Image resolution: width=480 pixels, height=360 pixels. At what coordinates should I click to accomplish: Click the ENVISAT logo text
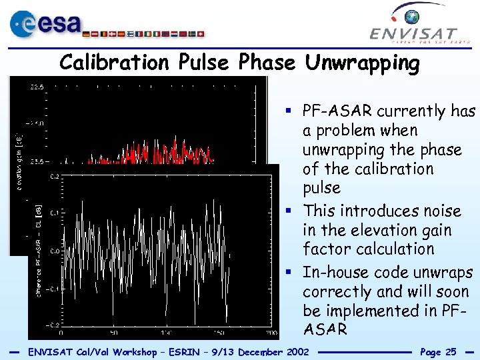pos(414,34)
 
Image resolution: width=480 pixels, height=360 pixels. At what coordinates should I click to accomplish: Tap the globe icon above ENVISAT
pos(417,15)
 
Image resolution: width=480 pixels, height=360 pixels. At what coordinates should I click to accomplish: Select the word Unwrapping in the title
pos(363,63)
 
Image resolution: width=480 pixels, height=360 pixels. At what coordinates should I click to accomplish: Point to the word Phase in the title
pos(266,63)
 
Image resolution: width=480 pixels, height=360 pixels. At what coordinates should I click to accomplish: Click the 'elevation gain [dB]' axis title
pos(19,160)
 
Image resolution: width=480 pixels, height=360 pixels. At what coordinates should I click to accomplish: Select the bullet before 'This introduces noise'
pos(294,211)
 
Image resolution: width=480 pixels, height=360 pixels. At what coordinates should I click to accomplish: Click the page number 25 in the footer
pos(449,351)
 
